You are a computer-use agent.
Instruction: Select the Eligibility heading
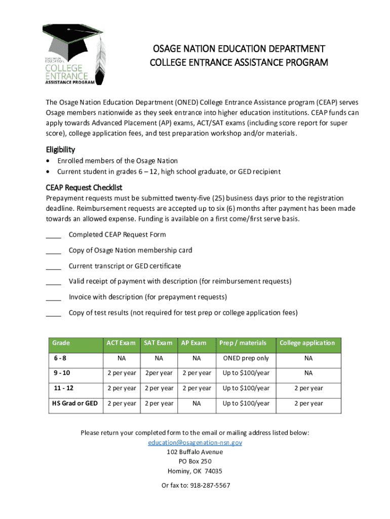click(60, 150)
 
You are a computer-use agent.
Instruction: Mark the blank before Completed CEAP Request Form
click(53, 235)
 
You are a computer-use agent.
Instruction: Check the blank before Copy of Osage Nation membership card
click(53, 250)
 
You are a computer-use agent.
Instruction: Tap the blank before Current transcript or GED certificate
click(53, 266)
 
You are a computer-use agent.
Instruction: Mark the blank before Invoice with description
click(53, 297)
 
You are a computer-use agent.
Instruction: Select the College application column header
click(307, 343)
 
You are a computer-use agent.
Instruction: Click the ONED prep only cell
click(246, 358)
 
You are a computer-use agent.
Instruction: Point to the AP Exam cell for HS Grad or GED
click(197, 403)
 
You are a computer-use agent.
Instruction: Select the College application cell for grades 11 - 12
click(307, 388)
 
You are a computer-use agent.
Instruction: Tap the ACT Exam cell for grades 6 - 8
click(122, 358)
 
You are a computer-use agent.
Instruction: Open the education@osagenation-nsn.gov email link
click(195, 442)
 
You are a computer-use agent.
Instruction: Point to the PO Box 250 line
click(195, 461)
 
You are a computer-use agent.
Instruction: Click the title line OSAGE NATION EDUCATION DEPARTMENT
click(239, 49)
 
